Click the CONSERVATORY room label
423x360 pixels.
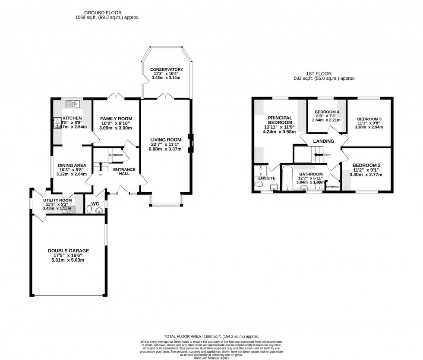[x=166, y=69]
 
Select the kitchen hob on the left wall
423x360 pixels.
[x=56, y=123]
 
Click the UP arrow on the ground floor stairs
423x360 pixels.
[x=101, y=166]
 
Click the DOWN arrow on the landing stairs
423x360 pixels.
[x=319, y=154]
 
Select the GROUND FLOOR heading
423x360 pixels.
[x=103, y=13]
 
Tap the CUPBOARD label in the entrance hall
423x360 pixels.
[x=116, y=155]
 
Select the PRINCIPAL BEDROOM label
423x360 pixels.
[x=280, y=120]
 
